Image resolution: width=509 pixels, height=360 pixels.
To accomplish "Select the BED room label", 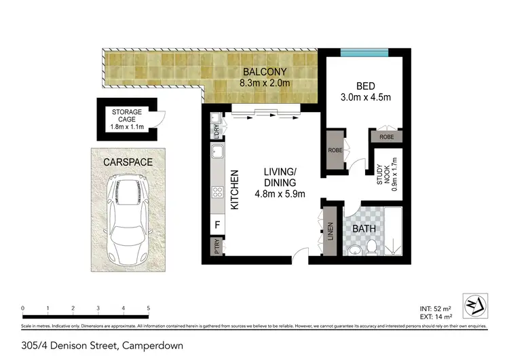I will tap(366, 86).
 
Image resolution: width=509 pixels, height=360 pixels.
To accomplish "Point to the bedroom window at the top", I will tap(364, 52).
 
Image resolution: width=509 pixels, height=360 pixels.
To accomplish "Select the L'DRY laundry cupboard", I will tap(216, 130).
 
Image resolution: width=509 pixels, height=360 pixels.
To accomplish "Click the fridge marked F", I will tap(217, 223).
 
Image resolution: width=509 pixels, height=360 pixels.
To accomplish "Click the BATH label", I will tap(364, 229).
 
